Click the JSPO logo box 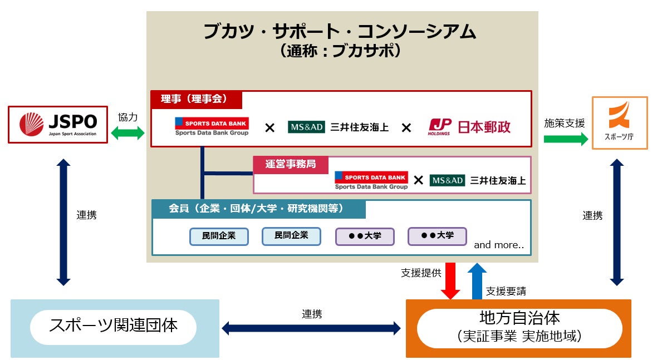click(58, 125)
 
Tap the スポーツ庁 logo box click(620, 123)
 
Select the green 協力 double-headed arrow click(128, 133)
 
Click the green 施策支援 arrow click(566, 139)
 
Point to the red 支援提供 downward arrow click(450, 281)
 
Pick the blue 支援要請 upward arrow click(477, 281)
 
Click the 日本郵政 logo click(469, 126)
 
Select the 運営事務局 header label click(291, 164)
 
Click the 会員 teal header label click(258, 209)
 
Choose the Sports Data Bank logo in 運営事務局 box click(371, 180)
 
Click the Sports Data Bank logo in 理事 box click(212, 126)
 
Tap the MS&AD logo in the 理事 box click(306, 127)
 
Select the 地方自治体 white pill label click(519, 328)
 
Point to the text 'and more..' click(499, 245)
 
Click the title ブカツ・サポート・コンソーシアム click(340, 31)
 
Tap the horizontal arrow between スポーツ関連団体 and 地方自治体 click(311, 328)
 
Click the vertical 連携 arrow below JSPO click(63, 222)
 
